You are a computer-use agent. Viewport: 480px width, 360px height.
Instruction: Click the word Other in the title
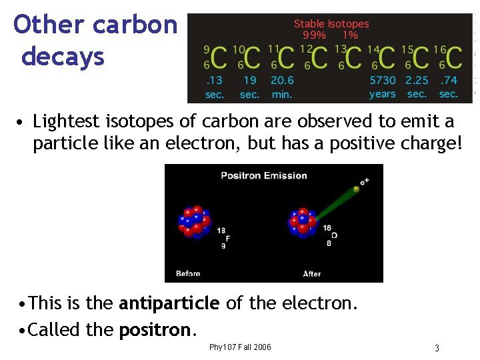(x=49, y=25)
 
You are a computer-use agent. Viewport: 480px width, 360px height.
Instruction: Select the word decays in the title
(x=63, y=57)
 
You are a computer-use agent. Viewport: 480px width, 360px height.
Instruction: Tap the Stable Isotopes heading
(x=331, y=23)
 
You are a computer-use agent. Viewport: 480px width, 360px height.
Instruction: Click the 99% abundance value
(x=314, y=35)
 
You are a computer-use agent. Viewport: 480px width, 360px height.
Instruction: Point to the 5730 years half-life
(x=382, y=87)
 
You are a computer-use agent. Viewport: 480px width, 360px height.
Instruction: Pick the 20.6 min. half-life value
(x=282, y=87)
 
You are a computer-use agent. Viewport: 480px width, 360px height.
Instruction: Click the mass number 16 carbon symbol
(x=449, y=58)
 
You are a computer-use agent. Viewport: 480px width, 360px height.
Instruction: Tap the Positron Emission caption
(x=264, y=176)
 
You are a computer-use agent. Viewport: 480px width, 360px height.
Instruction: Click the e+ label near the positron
(x=364, y=180)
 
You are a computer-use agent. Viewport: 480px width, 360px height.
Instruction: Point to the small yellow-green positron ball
(x=356, y=189)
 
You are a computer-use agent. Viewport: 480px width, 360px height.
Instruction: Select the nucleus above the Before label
(x=194, y=222)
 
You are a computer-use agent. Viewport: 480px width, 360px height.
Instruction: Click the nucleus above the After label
(x=304, y=222)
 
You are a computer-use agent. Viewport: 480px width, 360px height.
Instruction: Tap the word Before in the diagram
(x=188, y=273)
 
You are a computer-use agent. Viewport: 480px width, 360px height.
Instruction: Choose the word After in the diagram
(x=312, y=273)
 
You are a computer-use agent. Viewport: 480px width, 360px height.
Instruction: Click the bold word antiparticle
(x=169, y=304)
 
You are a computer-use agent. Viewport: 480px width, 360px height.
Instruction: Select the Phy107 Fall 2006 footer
(x=240, y=347)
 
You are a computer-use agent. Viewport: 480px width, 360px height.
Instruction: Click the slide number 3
(x=437, y=348)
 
